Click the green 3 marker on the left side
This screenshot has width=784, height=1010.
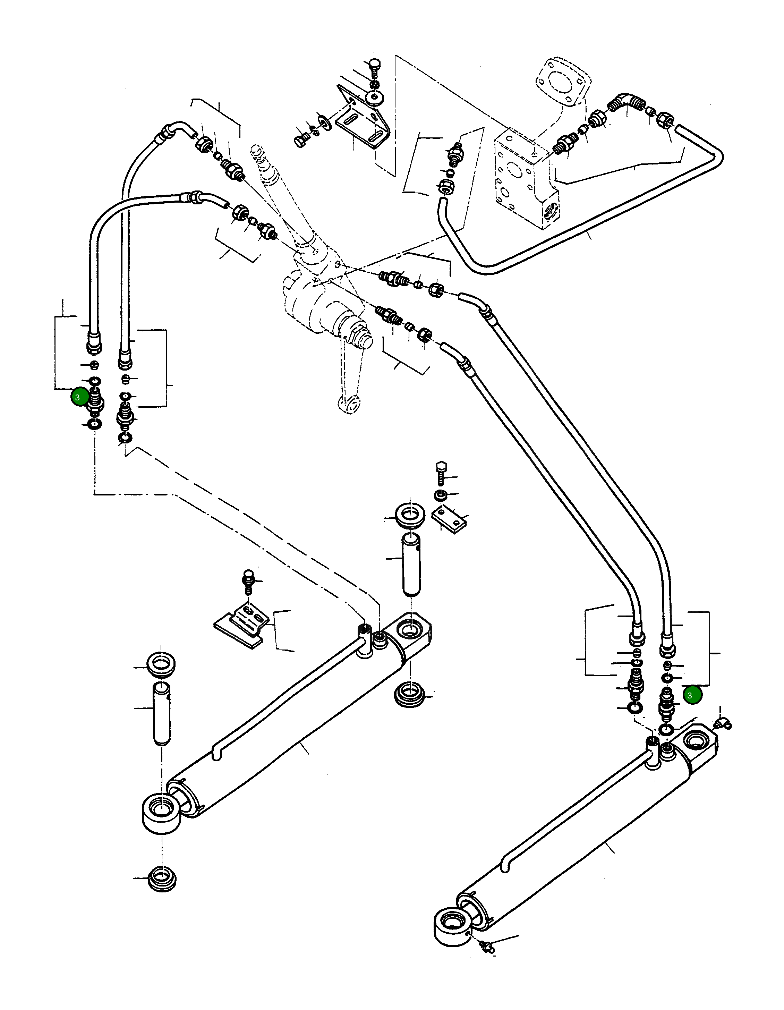pyautogui.click(x=79, y=397)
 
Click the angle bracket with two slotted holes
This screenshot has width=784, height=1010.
pyautogui.click(x=363, y=122)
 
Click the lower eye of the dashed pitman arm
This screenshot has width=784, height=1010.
pyautogui.click(x=349, y=404)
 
